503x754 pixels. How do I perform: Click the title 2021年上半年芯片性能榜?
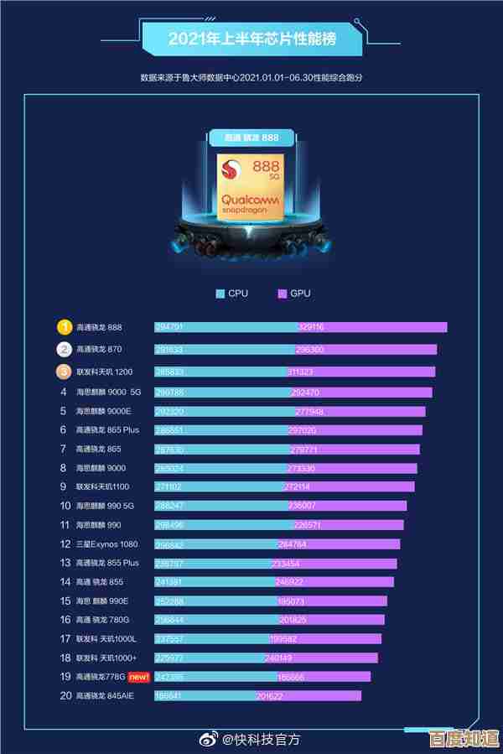pyautogui.click(x=252, y=39)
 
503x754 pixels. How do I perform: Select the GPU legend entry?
pyautogui.click(x=294, y=294)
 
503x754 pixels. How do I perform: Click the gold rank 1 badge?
pyautogui.click(x=64, y=327)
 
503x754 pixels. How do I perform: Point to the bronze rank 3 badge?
pyautogui.click(x=64, y=372)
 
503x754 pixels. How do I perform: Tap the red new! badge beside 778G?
pyautogui.click(x=138, y=676)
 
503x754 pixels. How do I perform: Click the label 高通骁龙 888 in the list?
pyautogui.click(x=99, y=327)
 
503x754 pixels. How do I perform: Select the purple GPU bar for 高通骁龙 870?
pyautogui.click(x=366, y=350)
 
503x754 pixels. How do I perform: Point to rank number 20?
pyautogui.click(x=65, y=695)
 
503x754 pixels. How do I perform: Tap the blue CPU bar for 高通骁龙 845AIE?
pyautogui.click(x=205, y=695)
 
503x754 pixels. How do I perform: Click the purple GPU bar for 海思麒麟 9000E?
pyautogui.click(x=360, y=412)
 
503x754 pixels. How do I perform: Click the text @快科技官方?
pyautogui.click(x=261, y=739)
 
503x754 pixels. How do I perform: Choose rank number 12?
pyautogui.click(x=65, y=544)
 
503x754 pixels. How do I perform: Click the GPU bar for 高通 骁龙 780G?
pyautogui.click(x=331, y=620)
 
